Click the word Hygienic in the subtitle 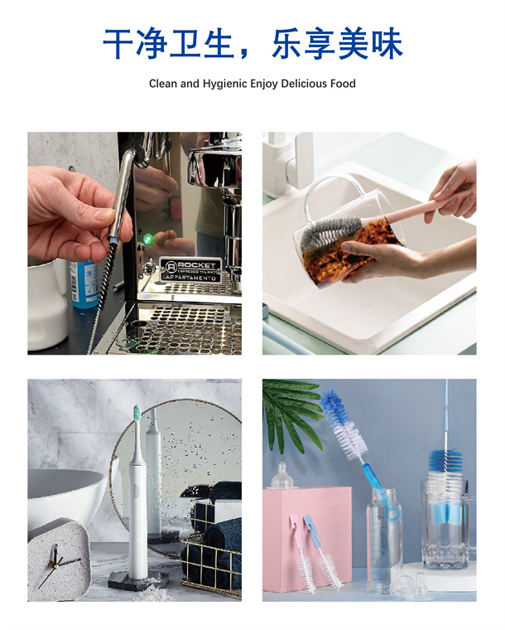(x=225, y=84)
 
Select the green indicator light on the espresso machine (x=147, y=239)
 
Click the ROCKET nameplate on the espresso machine (x=190, y=269)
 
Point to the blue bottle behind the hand (x=84, y=284)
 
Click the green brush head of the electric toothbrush (x=137, y=412)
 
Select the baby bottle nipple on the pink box (x=284, y=475)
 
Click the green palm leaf (x=291, y=414)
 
